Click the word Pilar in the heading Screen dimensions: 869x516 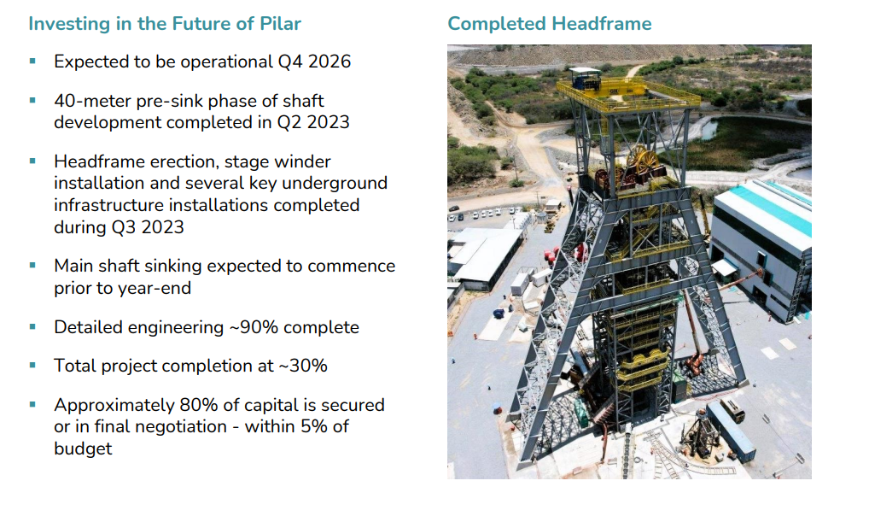tap(280, 24)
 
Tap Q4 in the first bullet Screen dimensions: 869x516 tap(290, 62)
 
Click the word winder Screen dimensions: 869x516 tap(305, 161)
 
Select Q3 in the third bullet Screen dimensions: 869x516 tap(123, 227)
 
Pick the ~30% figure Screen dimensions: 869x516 tap(303, 366)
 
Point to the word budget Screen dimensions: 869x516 tap(83, 449)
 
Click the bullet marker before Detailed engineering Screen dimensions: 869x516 tap(32, 327)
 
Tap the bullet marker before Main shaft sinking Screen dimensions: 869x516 tap(32, 266)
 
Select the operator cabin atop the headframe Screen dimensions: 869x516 tap(585, 78)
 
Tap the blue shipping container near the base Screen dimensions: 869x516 tap(731, 431)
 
